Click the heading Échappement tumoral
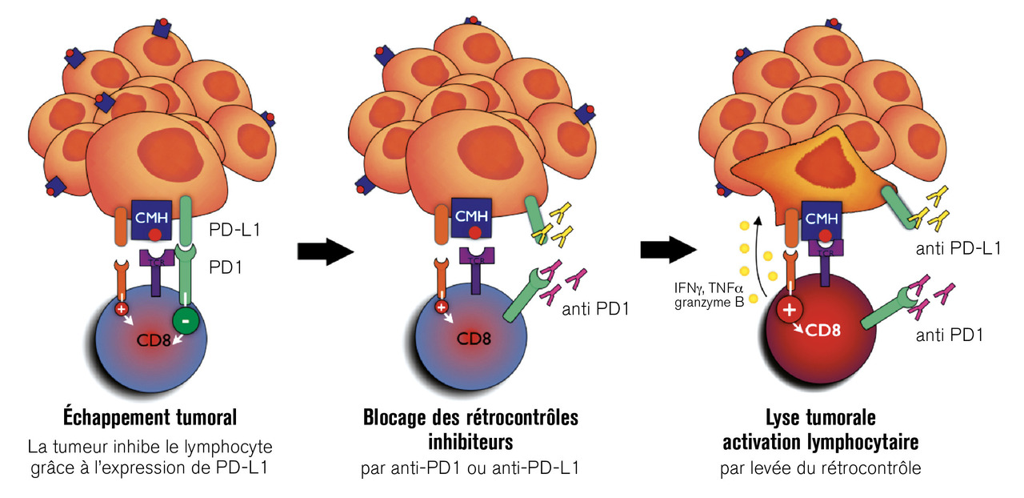tap(150, 418)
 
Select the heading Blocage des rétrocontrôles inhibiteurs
tap(470, 429)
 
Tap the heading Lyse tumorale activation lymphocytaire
tap(820, 429)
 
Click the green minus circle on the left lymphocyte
tap(186, 321)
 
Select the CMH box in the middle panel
tap(472, 216)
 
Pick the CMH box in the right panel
tap(820, 217)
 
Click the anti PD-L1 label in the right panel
tap(958, 247)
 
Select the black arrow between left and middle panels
tap(325, 251)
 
